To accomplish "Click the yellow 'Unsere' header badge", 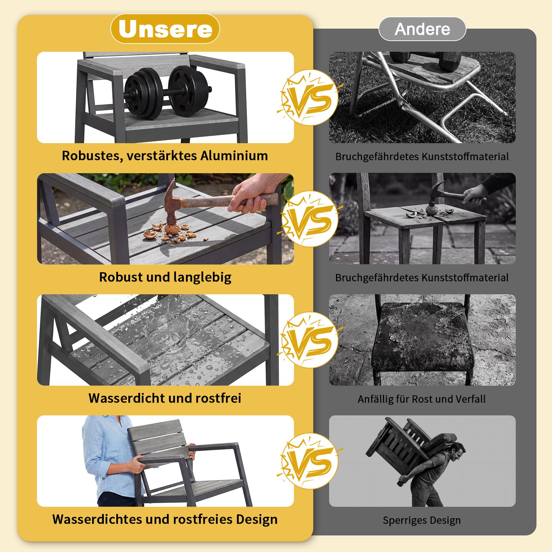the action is pos(165,29).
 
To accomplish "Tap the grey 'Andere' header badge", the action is pos(422,29).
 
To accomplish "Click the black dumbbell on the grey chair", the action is pos(167,91).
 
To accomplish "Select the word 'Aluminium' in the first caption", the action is pos(234,156).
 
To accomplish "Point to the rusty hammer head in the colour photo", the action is pos(171,207).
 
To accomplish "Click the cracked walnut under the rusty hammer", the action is pos(171,229).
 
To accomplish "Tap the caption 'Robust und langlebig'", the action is pos(165,277).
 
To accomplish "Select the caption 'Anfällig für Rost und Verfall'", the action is pos(422,399).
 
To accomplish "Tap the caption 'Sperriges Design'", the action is pos(422,520).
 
